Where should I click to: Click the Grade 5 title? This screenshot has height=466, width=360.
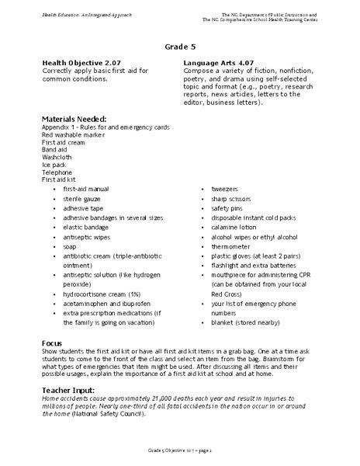pos(180,46)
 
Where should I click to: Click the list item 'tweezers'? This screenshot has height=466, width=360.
pos(225,189)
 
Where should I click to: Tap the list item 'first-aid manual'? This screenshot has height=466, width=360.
pos(86,189)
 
